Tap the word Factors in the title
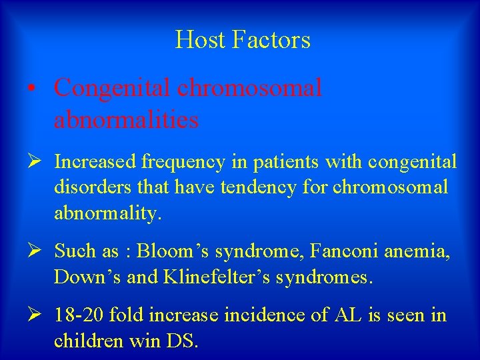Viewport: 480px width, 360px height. (271, 40)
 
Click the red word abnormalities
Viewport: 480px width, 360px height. (126, 120)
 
